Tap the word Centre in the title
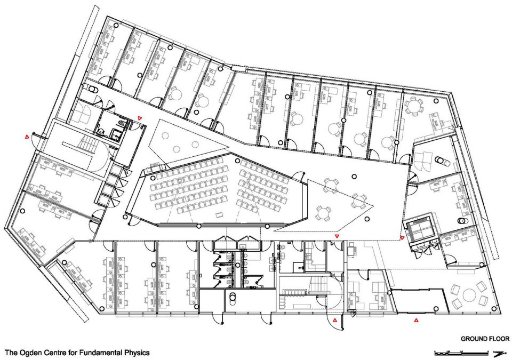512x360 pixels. pos(53,353)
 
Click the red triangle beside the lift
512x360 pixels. pos(402,237)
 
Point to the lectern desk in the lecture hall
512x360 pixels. pos(219,214)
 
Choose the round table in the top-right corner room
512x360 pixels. pos(414,107)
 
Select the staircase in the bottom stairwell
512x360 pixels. pos(319,282)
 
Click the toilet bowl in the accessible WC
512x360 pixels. pos(122,123)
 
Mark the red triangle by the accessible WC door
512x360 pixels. pos(140,118)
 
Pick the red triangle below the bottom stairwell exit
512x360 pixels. pos(335,321)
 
